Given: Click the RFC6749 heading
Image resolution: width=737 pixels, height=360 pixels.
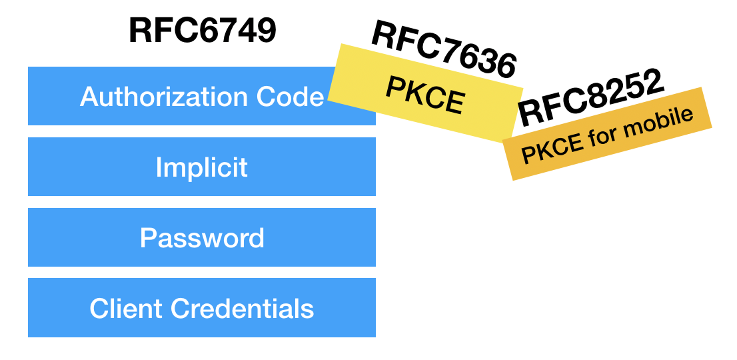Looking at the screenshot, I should (x=202, y=31).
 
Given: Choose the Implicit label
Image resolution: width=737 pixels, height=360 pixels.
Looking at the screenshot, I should (x=201, y=167).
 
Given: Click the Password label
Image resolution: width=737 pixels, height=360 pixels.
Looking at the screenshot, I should (x=202, y=238).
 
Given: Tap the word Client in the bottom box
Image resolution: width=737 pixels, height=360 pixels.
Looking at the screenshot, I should (x=126, y=309).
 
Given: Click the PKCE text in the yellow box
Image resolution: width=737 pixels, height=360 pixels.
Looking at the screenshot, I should (x=424, y=96).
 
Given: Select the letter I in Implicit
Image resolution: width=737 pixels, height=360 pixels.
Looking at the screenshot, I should (x=159, y=167).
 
